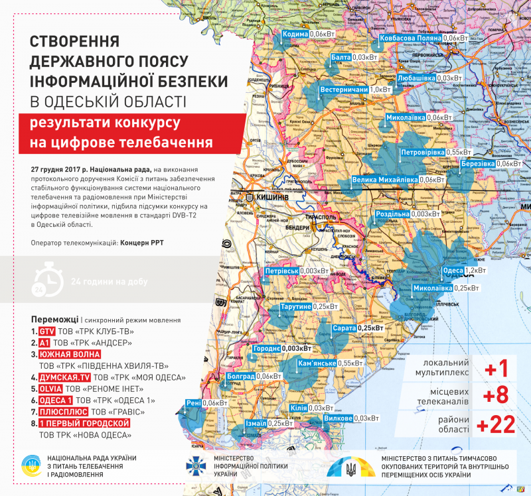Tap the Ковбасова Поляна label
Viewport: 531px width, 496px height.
pos(411,38)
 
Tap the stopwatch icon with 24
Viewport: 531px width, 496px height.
pos(42,282)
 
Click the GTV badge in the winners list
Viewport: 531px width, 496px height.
pos(45,331)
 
